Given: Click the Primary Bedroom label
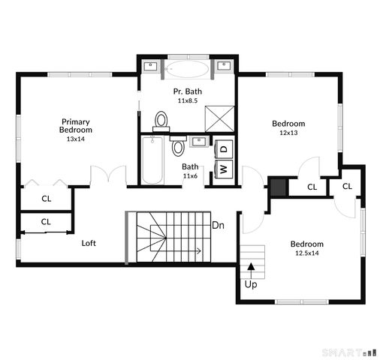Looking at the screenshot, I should click(x=76, y=125).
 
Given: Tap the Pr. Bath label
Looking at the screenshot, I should click(x=188, y=91).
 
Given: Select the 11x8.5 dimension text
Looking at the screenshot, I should click(x=188, y=100).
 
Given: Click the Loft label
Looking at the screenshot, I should click(x=89, y=242).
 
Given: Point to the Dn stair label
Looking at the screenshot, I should click(x=219, y=225).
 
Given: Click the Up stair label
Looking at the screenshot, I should click(x=251, y=284).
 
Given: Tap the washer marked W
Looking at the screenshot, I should click(x=224, y=168).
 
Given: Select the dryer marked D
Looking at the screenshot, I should click(x=224, y=148).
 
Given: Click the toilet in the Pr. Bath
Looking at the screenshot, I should click(x=161, y=120).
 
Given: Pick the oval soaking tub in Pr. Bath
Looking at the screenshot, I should click(x=188, y=70).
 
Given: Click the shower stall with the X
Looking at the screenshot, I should click(x=221, y=118).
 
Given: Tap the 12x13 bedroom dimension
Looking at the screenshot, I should click(x=288, y=133).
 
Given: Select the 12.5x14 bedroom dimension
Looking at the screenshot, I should click(x=306, y=253).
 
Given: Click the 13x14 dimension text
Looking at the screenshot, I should click(x=76, y=139).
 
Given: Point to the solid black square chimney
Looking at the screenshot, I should click(x=278, y=186).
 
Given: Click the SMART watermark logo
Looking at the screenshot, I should click(x=349, y=352).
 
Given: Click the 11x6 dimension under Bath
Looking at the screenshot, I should click(x=190, y=175).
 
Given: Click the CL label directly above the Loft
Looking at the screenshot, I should click(x=46, y=221).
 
